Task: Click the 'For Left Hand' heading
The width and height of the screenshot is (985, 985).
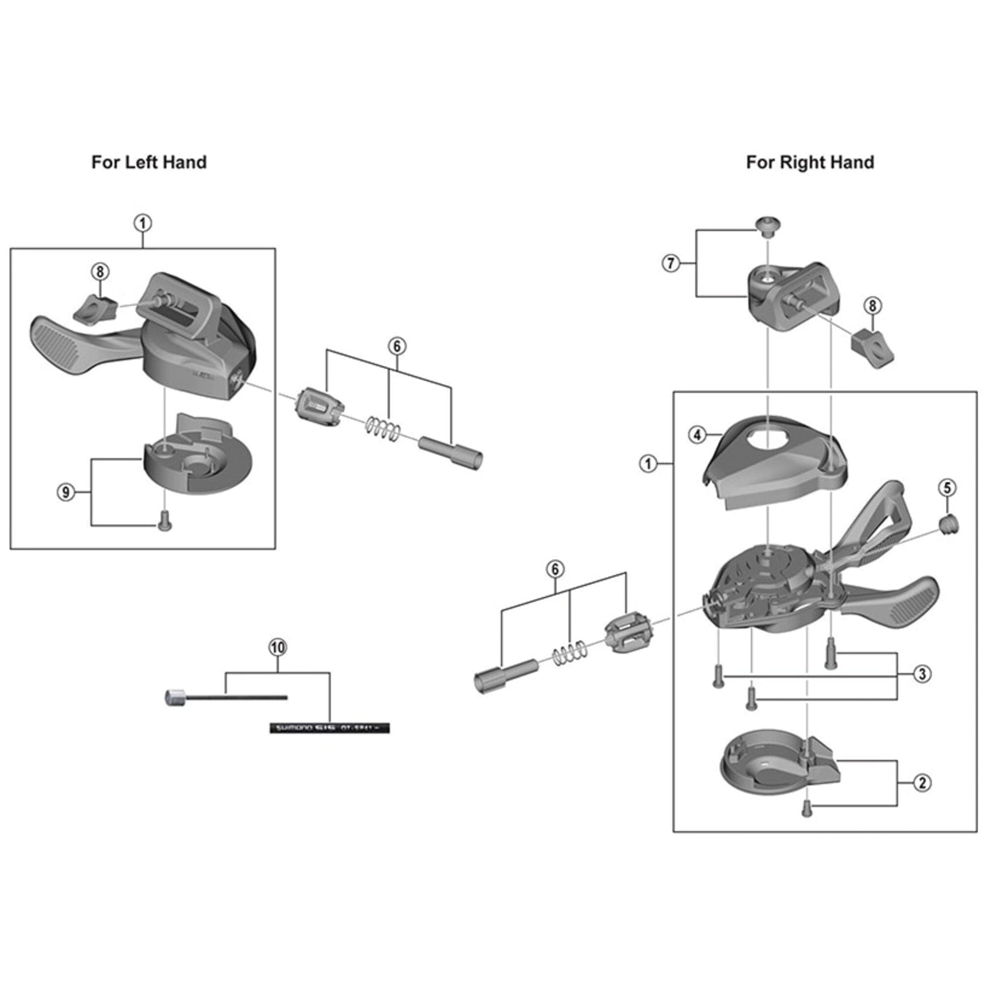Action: pyautogui.click(x=149, y=162)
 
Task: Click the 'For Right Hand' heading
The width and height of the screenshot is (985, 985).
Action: pyautogui.click(x=810, y=162)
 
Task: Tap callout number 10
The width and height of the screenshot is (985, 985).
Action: pyautogui.click(x=278, y=647)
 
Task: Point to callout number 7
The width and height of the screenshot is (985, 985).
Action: pyautogui.click(x=671, y=263)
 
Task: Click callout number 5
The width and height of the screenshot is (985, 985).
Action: pyautogui.click(x=947, y=488)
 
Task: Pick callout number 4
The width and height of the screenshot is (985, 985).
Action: pyautogui.click(x=697, y=435)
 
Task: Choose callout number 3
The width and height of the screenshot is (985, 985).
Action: pyautogui.click(x=922, y=674)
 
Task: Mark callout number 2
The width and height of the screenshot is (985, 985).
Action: pyautogui.click(x=922, y=783)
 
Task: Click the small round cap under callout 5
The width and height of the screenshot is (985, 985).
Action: pyautogui.click(x=949, y=524)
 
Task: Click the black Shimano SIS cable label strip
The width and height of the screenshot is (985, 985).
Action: pyautogui.click(x=330, y=727)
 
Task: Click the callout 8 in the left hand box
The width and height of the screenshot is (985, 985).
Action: pyautogui.click(x=100, y=272)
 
